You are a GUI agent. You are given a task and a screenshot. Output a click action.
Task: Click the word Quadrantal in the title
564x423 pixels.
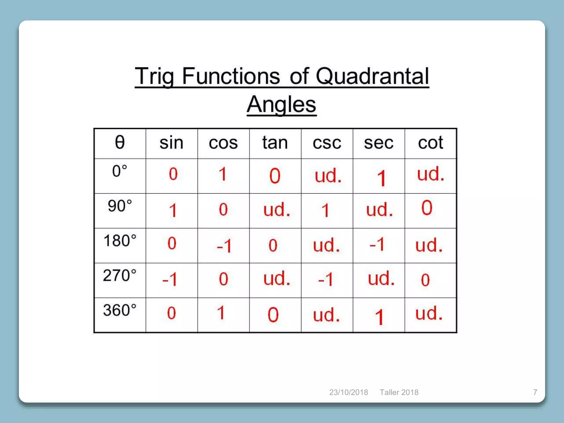tap(372, 76)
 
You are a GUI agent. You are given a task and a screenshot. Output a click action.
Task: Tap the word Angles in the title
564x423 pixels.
tap(281, 104)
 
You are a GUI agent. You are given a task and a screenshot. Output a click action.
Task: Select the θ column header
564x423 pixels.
tap(120, 142)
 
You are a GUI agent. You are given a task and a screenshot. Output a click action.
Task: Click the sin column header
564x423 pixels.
tap(171, 143)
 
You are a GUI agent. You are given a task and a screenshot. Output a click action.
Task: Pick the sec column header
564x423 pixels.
tap(379, 143)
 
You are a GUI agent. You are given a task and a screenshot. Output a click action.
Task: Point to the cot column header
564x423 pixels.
tap(430, 143)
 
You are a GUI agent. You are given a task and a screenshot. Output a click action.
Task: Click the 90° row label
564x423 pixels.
tap(120, 206)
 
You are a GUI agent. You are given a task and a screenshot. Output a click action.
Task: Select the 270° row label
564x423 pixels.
tap(120, 275)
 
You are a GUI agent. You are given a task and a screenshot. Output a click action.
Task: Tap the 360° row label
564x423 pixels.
tap(120, 310)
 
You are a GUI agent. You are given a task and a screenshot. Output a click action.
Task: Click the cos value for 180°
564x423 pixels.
tap(224, 245)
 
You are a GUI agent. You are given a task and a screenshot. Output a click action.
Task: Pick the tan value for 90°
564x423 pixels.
tap(277, 210)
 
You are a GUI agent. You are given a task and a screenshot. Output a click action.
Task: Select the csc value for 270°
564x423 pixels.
tap(326, 280)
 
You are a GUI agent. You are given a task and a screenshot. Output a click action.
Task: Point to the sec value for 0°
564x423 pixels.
tap(381, 178)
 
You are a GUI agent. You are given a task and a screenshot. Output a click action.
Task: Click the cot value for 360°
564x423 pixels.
tap(429, 313)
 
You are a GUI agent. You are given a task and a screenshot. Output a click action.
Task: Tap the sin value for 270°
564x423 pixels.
tap(170, 280)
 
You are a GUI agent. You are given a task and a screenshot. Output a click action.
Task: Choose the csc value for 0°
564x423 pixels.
tap(328, 176)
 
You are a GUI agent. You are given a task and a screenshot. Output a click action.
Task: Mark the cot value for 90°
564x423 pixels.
tap(427, 208)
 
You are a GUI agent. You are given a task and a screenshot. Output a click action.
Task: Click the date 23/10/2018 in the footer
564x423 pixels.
tap(349, 392)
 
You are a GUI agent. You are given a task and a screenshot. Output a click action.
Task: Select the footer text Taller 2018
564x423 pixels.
tap(399, 392)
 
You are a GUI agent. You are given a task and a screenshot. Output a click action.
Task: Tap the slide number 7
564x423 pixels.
tap(535, 392)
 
